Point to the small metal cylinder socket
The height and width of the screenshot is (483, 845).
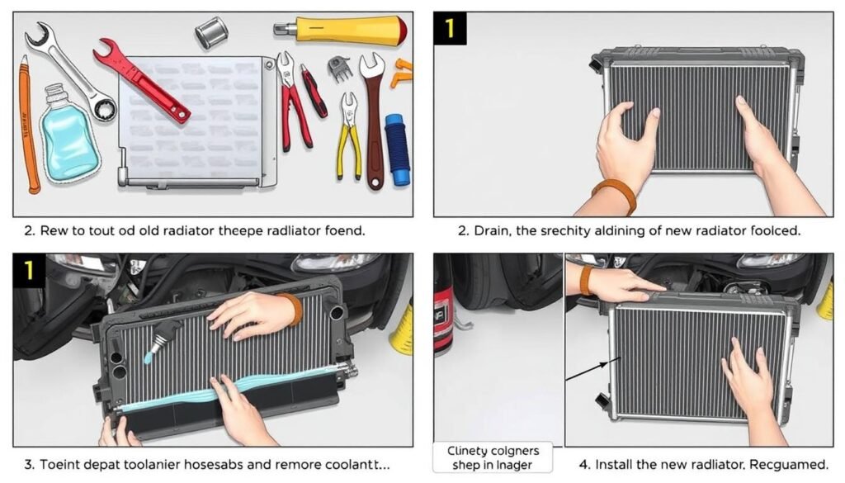[210, 33]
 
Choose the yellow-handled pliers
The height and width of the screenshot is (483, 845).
[349, 136]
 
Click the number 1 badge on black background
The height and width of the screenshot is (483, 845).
[450, 28]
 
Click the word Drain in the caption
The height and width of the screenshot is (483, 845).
[493, 231]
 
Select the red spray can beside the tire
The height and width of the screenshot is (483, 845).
[444, 314]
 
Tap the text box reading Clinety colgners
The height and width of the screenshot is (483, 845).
[493, 457]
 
